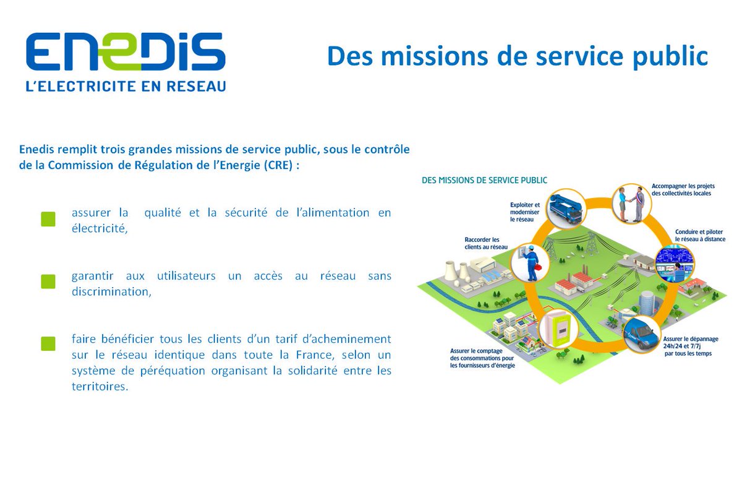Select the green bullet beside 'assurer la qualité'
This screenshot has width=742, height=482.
48,218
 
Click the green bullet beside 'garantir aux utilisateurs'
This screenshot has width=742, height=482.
48,282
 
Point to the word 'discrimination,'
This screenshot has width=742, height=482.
111,292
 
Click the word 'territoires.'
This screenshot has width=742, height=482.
100,387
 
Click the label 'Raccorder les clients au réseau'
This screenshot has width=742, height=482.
486,243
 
